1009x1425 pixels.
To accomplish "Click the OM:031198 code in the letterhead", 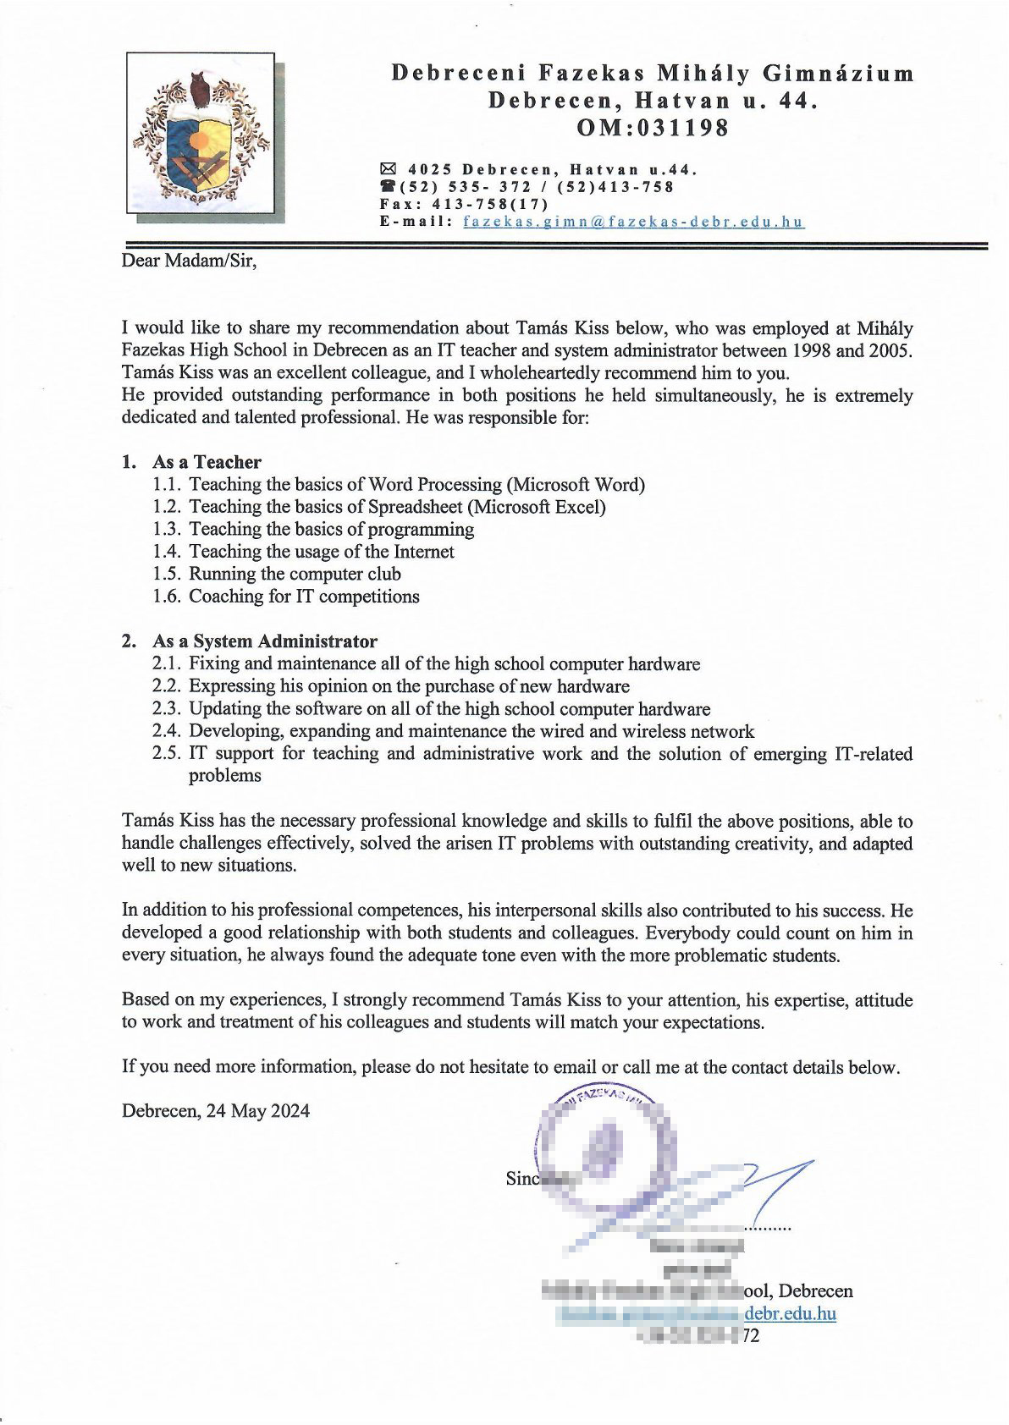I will click(x=652, y=129).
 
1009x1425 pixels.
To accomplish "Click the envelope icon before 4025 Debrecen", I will click(x=389, y=168).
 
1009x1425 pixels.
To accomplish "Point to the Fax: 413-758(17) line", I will click(x=464, y=204).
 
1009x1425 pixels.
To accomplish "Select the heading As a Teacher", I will click(x=207, y=462).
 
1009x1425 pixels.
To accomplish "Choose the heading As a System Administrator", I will click(x=264, y=641).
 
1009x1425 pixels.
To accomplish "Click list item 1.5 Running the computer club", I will click(x=295, y=574).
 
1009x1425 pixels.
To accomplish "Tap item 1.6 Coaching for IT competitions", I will click(x=304, y=596).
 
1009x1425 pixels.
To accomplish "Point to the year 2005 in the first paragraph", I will click(x=891, y=349).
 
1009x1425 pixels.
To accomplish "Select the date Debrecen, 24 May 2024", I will click(x=216, y=1110).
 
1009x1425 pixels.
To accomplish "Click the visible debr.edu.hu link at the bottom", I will click(x=791, y=1313).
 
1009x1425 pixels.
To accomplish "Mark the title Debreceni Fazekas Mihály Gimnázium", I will click(x=652, y=74).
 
